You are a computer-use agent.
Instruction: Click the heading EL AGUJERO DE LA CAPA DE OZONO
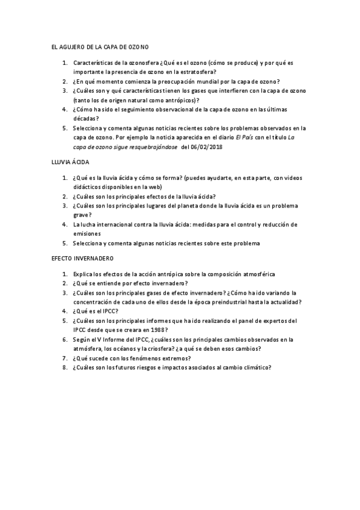100,46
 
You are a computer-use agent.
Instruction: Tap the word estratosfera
186,72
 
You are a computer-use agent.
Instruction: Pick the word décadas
85,118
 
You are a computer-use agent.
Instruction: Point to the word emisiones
87,233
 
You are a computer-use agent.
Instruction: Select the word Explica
83,274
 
